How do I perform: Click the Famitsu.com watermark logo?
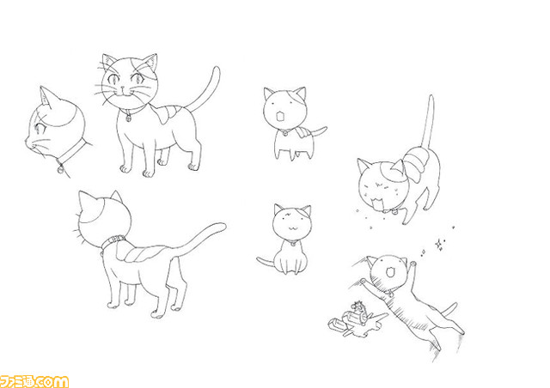point(34,381)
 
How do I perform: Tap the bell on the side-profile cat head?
point(61,168)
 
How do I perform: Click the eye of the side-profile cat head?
point(40,128)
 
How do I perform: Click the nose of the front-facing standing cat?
point(122,88)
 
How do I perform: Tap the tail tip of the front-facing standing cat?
point(216,70)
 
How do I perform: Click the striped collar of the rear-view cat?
point(113,241)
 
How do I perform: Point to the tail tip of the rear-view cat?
point(222,226)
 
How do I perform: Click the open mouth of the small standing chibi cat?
point(281,116)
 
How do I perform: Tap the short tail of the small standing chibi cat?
point(319,131)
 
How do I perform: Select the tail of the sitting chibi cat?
point(265,262)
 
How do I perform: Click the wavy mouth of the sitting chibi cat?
point(292,227)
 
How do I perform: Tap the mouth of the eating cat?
point(378,203)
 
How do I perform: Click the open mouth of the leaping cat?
point(388,272)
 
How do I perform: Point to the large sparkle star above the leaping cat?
point(438,245)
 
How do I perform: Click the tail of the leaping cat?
point(449,309)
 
